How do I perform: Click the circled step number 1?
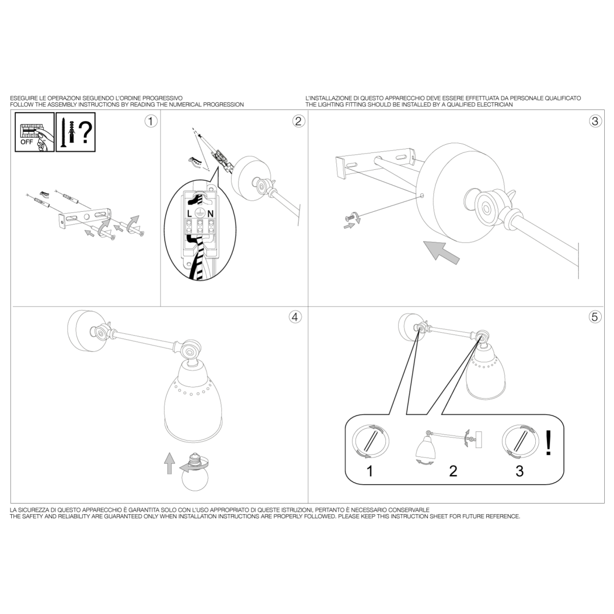point(151,121)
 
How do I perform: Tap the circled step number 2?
point(298,121)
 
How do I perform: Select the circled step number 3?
point(595,121)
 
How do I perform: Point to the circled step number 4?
point(295,317)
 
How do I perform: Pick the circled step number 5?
point(595,317)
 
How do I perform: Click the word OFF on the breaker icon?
point(27,142)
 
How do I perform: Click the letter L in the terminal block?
point(189,214)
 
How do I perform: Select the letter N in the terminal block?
point(210,214)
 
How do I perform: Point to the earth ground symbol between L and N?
point(200,213)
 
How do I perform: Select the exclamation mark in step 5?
point(549,443)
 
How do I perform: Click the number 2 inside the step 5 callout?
point(453,471)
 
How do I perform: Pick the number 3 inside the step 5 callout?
point(520,471)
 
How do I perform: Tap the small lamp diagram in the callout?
point(449,447)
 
